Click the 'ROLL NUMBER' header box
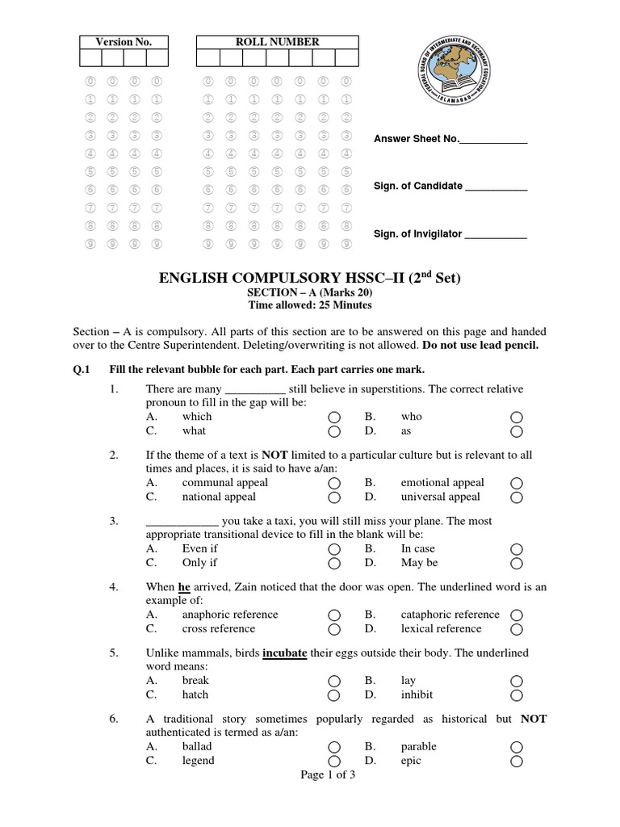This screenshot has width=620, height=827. tap(277, 42)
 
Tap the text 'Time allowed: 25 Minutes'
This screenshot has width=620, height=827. tap(311, 305)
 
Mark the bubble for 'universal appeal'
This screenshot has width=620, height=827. tap(517, 497)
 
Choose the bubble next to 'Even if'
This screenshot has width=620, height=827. tap(334, 549)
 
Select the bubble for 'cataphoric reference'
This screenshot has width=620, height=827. tap(517, 615)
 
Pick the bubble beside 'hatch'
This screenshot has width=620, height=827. tap(334, 695)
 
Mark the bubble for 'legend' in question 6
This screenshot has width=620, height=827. tap(334, 761)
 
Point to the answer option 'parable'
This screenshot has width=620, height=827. tap(419, 746)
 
